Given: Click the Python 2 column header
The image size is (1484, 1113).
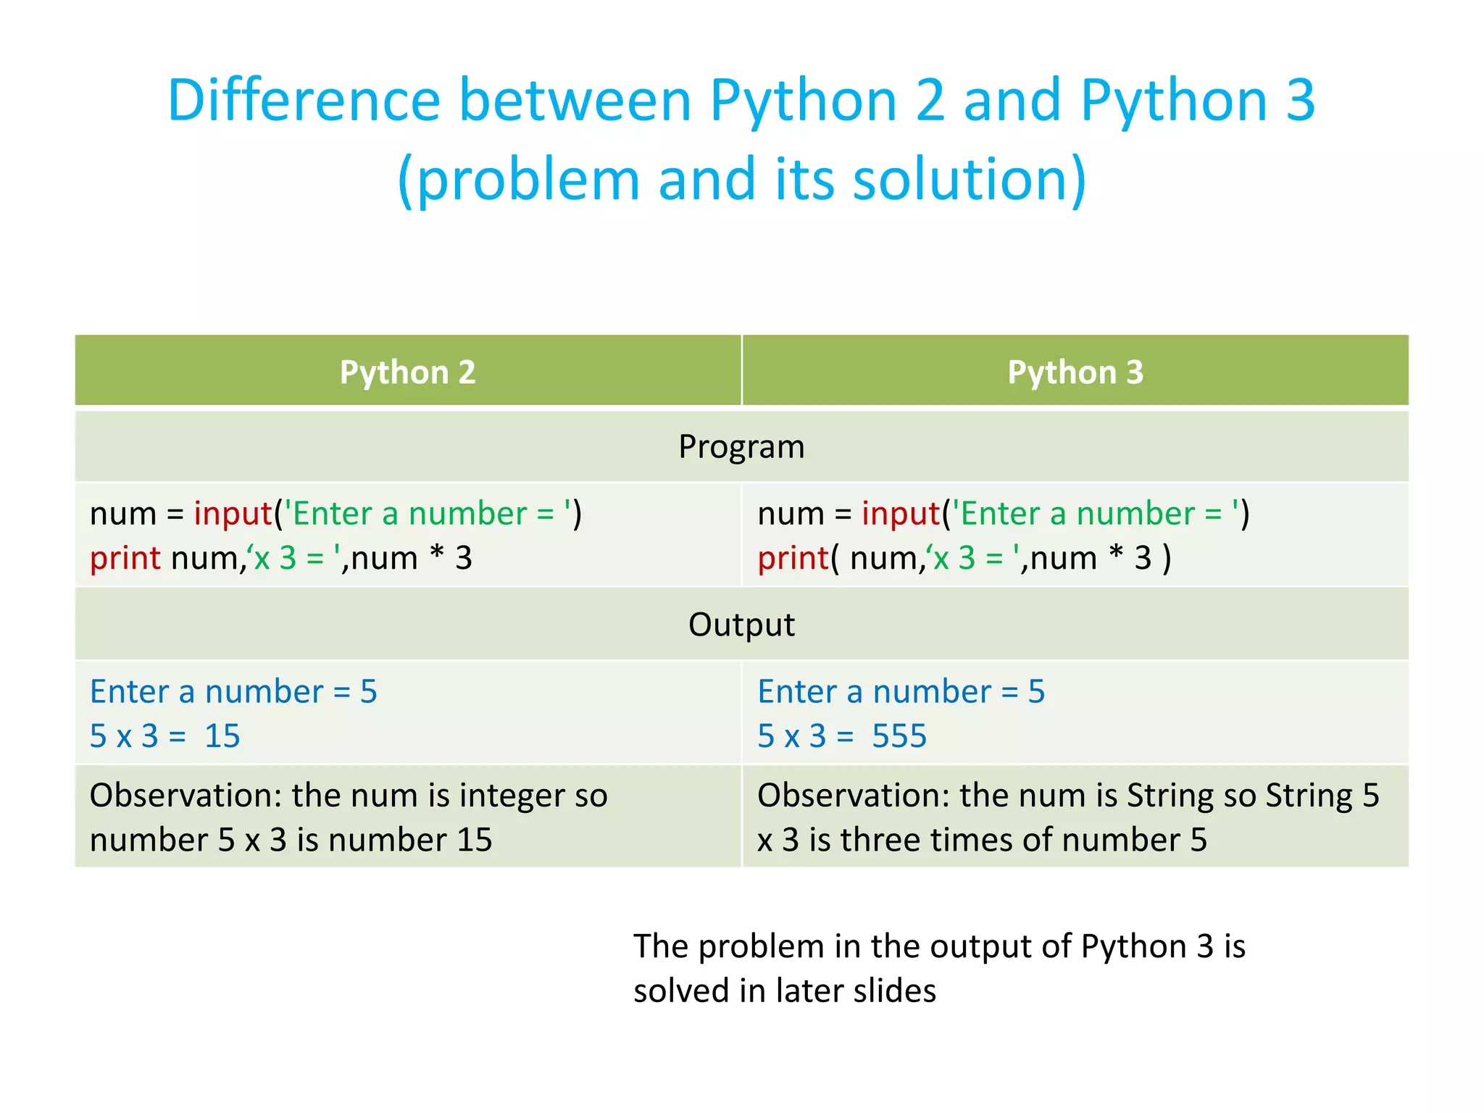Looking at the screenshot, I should click(x=407, y=372).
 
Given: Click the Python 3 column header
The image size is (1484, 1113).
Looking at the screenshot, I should click(x=1075, y=372).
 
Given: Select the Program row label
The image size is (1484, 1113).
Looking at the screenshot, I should click(x=741, y=446).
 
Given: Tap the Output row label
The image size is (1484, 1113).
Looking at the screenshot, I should click(x=741, y=625).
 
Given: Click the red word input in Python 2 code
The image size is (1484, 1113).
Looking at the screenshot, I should click(x=233, y=514).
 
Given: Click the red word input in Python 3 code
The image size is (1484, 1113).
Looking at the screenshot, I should click(x=901, y=514).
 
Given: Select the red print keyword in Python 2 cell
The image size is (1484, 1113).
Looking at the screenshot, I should click(x=125, y=559).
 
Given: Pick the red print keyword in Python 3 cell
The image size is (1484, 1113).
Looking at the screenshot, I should click(x=793, y=559).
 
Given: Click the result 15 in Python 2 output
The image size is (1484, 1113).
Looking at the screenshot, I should click(x=222, y=736).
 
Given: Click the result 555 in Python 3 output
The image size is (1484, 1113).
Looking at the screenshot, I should click(x=899, y=736).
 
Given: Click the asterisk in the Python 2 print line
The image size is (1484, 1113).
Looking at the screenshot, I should click(x=437, y=556).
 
